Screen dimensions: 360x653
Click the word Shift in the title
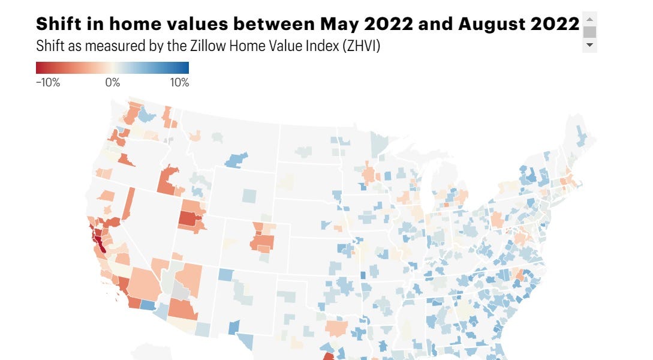pyautogui.click(x=58, y=25)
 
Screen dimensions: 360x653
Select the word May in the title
pyautogui.click(x=337, y=25)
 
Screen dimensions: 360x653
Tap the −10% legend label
pyautogui.click(x=48, y=83)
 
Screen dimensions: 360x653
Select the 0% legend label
pyautogui.click(x=113, y=83)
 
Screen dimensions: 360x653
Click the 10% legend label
pyautogui.click(x=180, y=83)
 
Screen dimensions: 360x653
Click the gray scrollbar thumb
pyautogui.click(x=589, y=32)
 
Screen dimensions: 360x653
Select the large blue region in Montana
pyautogui.click(x=236, y=160)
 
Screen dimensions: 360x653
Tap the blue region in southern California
pyautogui.click(x=147, y=304)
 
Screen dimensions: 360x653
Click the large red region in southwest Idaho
pyautogui.click(x=168, y=180)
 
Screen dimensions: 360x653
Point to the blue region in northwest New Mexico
pyautogui.click(x=225, y=274)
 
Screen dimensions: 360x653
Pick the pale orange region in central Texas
pyautogui.click(x=336, y=328)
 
